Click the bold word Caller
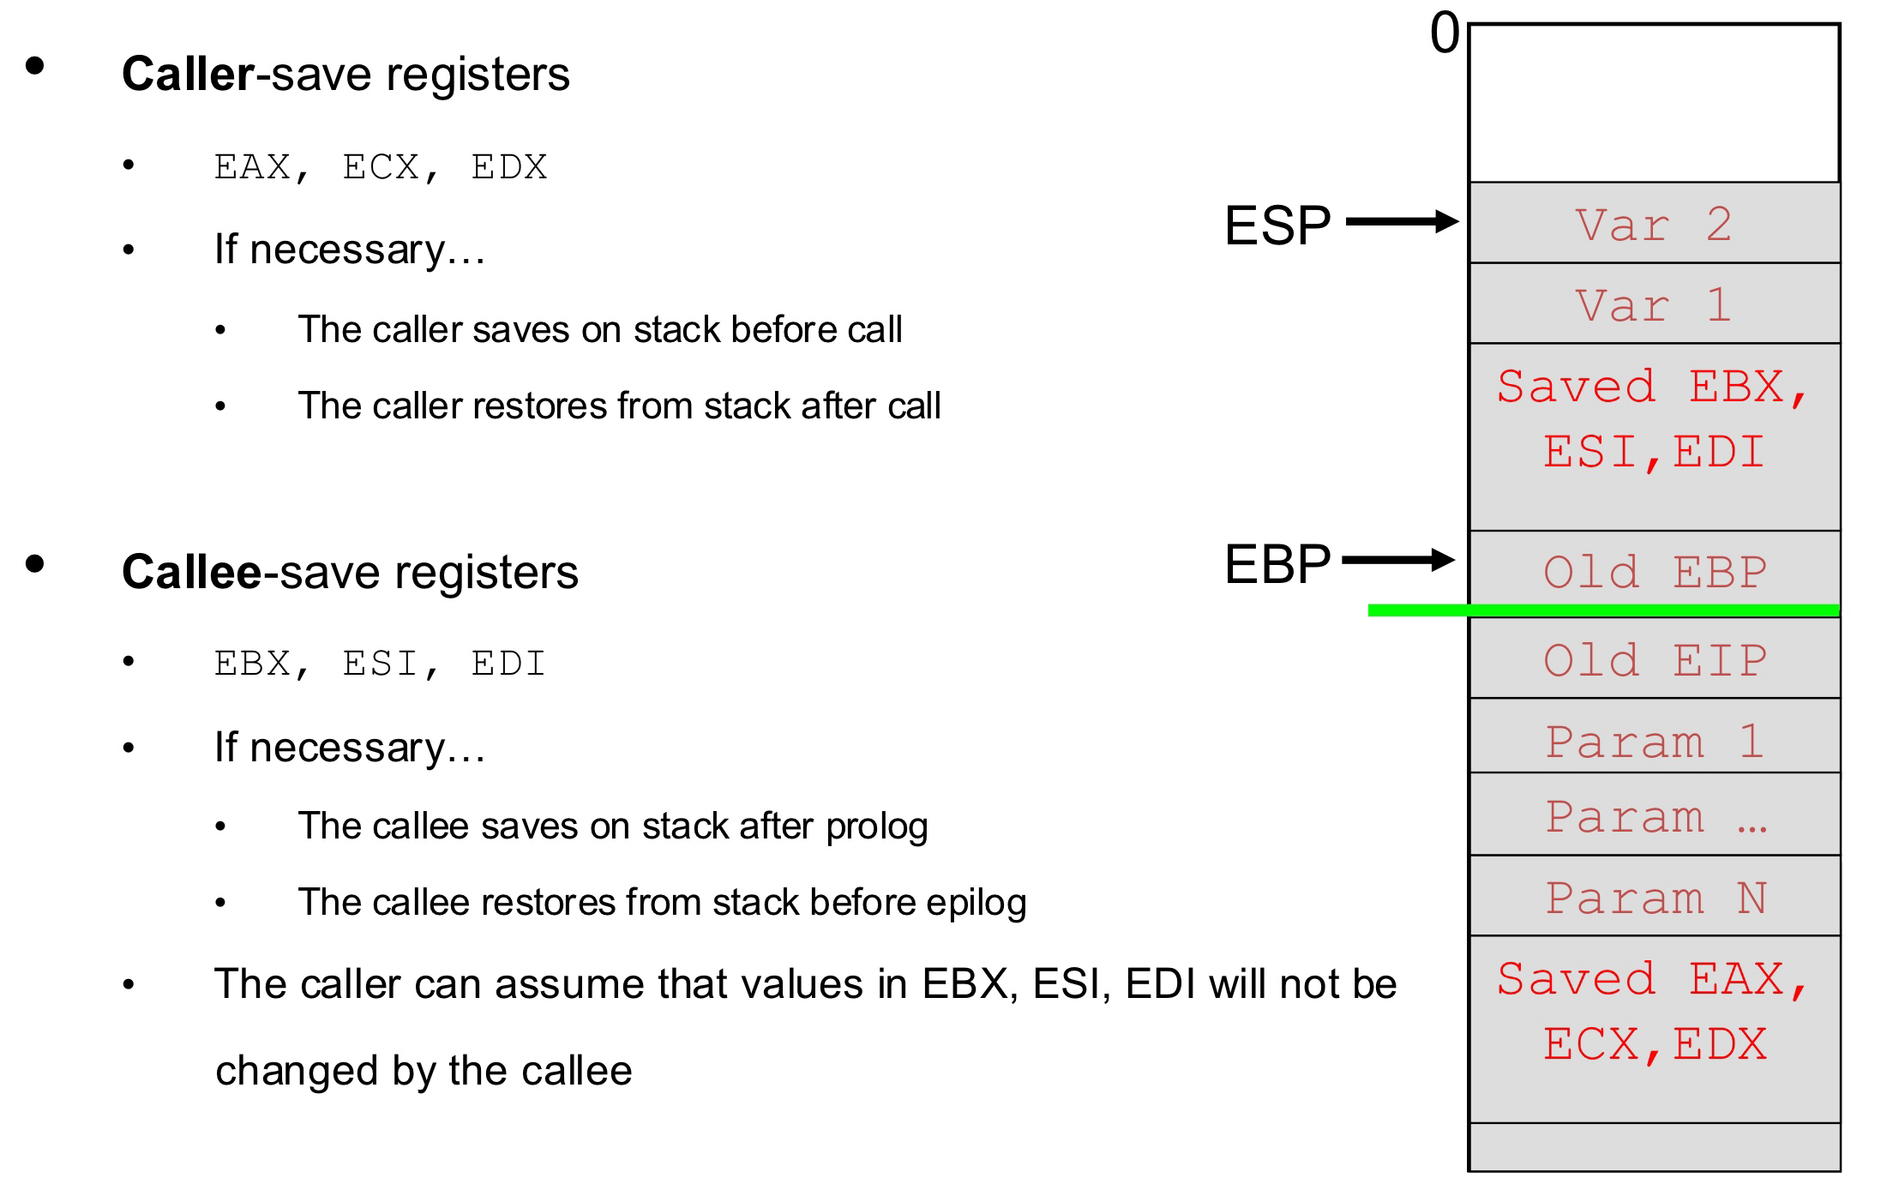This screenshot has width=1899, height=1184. pyautogui.click(x=188, y=74)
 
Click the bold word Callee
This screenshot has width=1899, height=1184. pyautogui.click(x=191, y=572)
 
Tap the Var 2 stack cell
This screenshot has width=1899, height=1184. pyautogui.click(x=1654, y=223)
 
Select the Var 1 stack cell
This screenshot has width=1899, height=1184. pyautogui.click(x=1654, y=304)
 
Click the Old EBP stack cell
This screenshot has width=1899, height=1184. pyautogui.click(x=1654, y=569)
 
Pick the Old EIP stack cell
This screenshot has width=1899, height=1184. pyautogui.click(x=1654, y=658)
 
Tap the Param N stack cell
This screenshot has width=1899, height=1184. pyautogui.click(x=1654, y=896)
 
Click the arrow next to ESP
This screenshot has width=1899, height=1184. pyautogui.click(x=1403, y=222)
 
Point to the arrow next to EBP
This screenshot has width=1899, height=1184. pyautogui.click(x=1398, y=561)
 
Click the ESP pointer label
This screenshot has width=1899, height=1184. pyautogui.click(x=1277, y=225)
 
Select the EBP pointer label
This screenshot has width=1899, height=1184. pyautogui.click(x=1277, y=564)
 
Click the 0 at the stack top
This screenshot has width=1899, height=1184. pyautogui.click(x=1445, y=34)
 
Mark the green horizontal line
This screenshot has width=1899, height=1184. pyautogui.click(x=1604, y=610)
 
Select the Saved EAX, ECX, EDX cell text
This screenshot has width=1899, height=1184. pyautogui.click(x=1654, y=1012)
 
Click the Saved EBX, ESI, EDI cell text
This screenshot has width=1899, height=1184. pyautogui.click(x=1654, y=419)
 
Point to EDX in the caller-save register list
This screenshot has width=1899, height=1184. pyautogui.click(x=509, y=167)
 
